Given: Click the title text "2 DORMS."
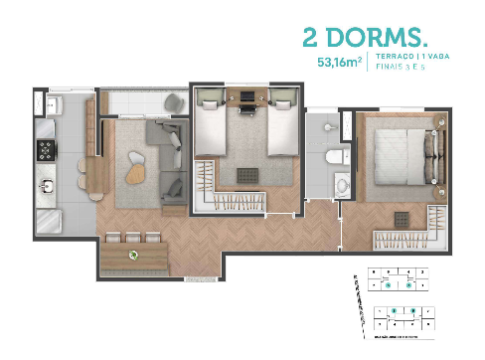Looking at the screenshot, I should [x=364, y=38].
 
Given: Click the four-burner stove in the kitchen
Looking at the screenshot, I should [x=46, y=149].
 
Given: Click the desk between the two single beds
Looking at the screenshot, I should [x=245, y=96].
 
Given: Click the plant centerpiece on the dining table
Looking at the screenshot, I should [x=134, y=255].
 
